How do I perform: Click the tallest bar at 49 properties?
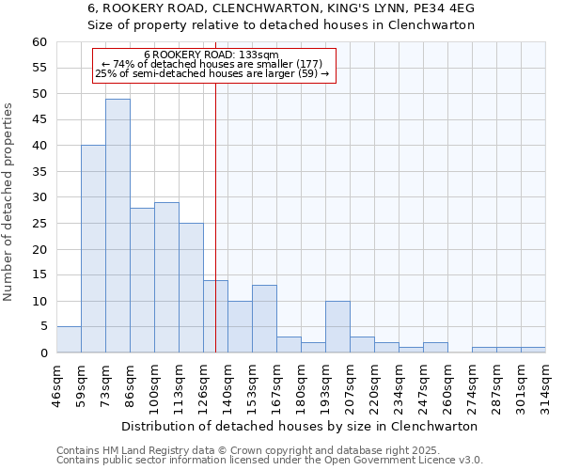117,226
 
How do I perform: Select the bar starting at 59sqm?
93,249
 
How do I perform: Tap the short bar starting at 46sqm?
69,339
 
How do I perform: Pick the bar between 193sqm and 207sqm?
337,326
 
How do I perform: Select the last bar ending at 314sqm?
533,350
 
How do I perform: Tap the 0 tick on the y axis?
43,353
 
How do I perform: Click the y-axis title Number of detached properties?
9,203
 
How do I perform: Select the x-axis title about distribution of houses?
300,426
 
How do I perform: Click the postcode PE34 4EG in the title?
446,8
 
